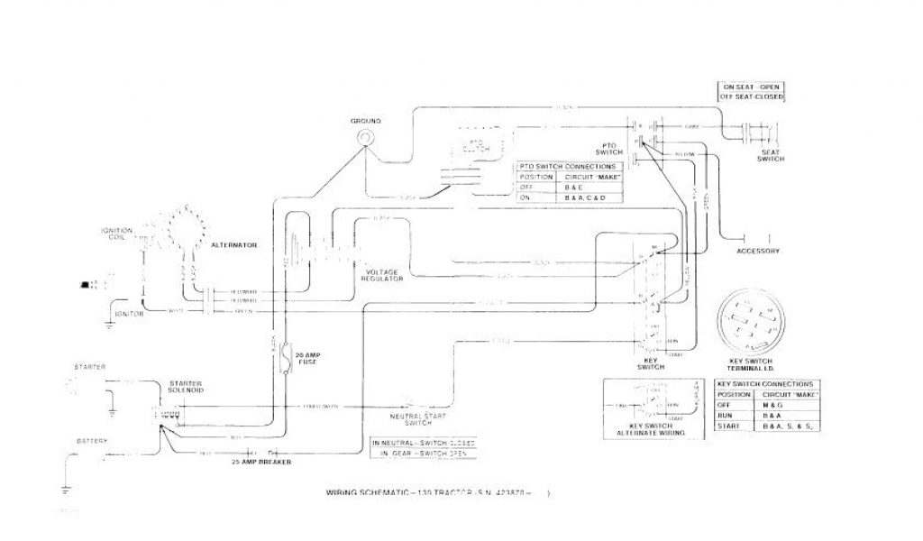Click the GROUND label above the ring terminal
tap(367, 121)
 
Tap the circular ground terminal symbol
tap(367, 136)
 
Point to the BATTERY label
tap(92, 441)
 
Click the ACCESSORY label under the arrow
tap(758, 251)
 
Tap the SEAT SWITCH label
tap(772, 156)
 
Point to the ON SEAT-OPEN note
tap(751, 87)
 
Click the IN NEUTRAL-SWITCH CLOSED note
tap(424, 444)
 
